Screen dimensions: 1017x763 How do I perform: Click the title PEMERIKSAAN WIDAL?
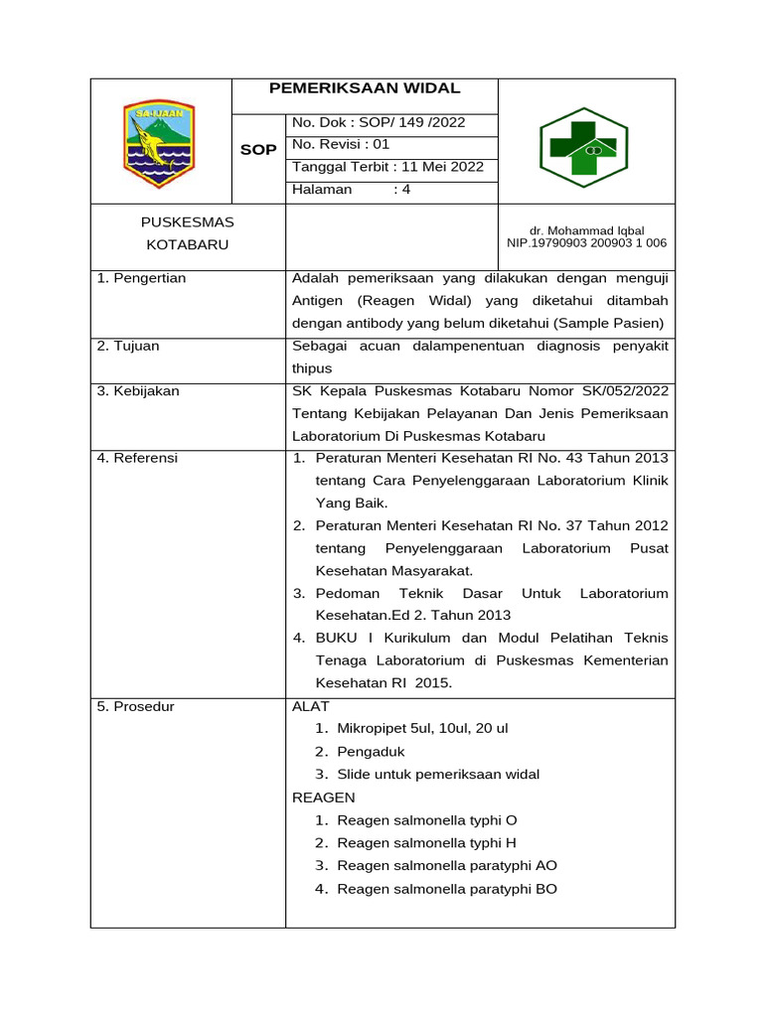365,89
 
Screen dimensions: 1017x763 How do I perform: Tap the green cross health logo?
583,142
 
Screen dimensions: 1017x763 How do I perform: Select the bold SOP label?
257,149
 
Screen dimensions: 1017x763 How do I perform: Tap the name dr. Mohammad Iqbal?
587,230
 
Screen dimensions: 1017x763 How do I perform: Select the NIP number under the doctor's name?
587,242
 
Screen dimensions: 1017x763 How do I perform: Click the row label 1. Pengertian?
142,278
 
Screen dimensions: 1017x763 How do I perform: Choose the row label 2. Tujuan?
128,346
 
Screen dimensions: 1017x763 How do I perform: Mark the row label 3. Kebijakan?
138,391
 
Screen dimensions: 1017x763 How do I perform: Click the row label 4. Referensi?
137,458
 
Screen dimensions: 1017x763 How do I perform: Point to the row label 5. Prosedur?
135,706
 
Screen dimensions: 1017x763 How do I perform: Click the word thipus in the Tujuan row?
312,368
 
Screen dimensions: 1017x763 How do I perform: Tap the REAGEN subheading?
323,798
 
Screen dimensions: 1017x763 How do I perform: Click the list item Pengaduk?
371,752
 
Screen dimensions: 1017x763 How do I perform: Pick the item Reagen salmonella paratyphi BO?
447,889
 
